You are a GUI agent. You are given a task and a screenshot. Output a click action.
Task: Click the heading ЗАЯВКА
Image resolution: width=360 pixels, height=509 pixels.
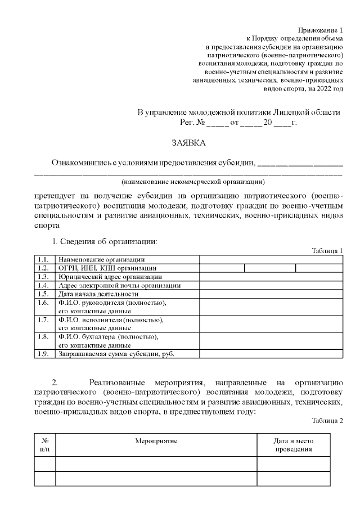[x=188, y=143]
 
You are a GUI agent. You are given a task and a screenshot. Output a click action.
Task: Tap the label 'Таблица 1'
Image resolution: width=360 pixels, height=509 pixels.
[x=327, y=250]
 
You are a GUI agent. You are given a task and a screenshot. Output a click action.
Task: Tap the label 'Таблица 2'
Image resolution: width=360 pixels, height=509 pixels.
[x=327, y=420]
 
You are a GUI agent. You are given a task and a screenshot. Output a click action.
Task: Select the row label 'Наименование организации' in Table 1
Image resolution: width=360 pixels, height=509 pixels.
[x=102, y=259]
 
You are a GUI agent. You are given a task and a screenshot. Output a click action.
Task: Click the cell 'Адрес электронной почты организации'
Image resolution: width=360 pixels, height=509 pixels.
[x=120, y=285]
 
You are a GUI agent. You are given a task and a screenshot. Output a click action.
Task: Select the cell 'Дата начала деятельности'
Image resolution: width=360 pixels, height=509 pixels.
[x=98, y=294]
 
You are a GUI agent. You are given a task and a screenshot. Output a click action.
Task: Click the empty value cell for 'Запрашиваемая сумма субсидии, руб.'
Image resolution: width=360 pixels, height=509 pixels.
[x=271, y=354]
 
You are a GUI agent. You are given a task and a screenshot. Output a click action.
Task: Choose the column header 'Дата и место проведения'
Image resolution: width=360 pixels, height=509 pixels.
[x=293, y=445]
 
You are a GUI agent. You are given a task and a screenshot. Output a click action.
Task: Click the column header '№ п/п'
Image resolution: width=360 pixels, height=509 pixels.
[x=45, y=445]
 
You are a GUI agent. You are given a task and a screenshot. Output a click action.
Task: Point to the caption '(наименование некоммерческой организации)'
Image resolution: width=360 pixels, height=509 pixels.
[x=193, y=182]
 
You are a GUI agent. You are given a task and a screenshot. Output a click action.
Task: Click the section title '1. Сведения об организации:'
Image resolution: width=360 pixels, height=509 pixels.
[x=105, y=241]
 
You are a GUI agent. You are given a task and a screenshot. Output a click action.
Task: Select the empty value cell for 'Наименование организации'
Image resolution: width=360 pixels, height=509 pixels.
[x=271, y=259]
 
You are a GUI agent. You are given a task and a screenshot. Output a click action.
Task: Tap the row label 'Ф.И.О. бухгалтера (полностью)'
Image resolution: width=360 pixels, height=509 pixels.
[x=109, y=337]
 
